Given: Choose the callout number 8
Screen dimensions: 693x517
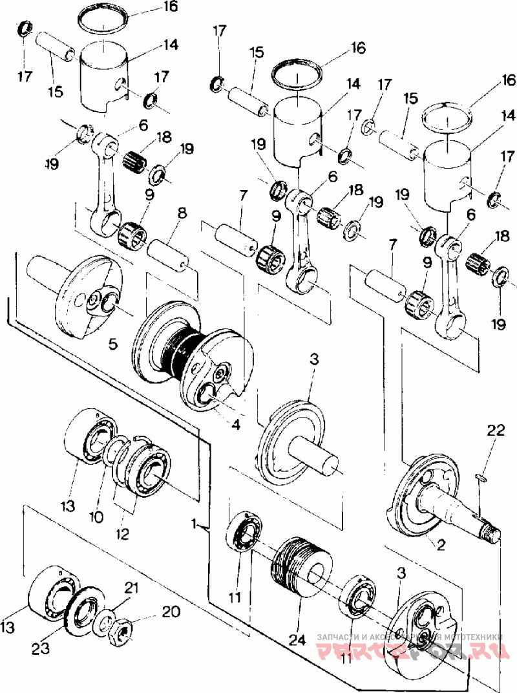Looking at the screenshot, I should tap(182, 212).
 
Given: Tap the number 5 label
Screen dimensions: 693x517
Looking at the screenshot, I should tap(113, 345).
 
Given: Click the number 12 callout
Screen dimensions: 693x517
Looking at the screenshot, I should tap(122, 535).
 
